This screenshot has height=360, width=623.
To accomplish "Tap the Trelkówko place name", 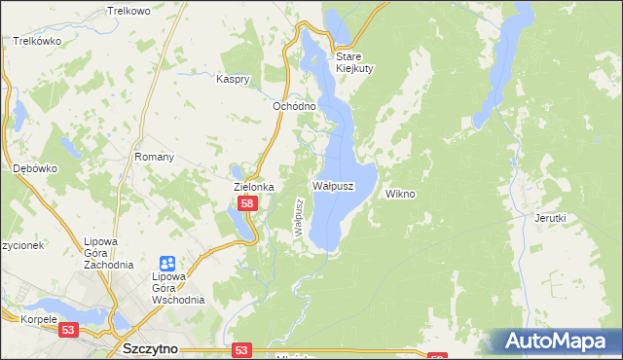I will (38, 42).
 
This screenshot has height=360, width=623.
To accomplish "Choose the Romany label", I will (154, 157).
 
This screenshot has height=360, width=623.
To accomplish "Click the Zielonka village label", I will (253, 187).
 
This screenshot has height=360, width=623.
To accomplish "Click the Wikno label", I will (400, 194).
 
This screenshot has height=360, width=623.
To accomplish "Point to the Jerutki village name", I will (550, 219).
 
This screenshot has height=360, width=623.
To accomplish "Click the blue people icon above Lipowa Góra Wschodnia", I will (166, 264).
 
